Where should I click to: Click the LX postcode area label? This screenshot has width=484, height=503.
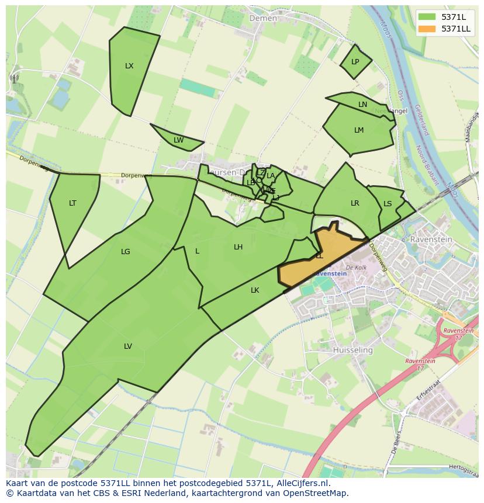pyautogui.click(x=129, y=66)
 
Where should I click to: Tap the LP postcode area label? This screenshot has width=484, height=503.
pyautogui.click(x=355, y=62)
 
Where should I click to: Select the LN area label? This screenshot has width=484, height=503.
pyautogui.click(x=362, y=105)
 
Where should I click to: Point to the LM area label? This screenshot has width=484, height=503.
pyautogui.click(x=359, y=130)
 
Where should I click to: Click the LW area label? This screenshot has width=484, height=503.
pyautogui.click(x=178, y=140)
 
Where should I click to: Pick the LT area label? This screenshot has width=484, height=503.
pyautogui.click(x=72, y=203)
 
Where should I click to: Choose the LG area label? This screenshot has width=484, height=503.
pyautogui.click(x=125, y=252)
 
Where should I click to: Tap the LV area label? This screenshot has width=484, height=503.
pyautogui.click(x=128, y=346)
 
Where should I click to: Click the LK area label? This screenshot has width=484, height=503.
pyautogui.click(x=255, y=290)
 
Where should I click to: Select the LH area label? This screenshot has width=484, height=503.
pyautogui.click(x=238, y=247)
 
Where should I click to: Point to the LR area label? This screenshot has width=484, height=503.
pyautogui.click(x=355, y=203)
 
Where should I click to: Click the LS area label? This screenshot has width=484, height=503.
pyautogui.click(x=388, y=204)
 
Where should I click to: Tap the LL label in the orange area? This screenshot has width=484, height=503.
pyautogui.click(x=319, y=256)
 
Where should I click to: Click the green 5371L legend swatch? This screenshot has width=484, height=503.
pyautogui.click(x=427, y=16)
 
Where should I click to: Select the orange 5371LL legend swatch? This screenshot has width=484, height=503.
pyautogui.click(x=427, y=29)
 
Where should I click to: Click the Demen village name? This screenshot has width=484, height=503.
pyautogui.click(x=263, y=18)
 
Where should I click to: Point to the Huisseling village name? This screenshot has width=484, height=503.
pyautogui.click(x=352, y=350)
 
